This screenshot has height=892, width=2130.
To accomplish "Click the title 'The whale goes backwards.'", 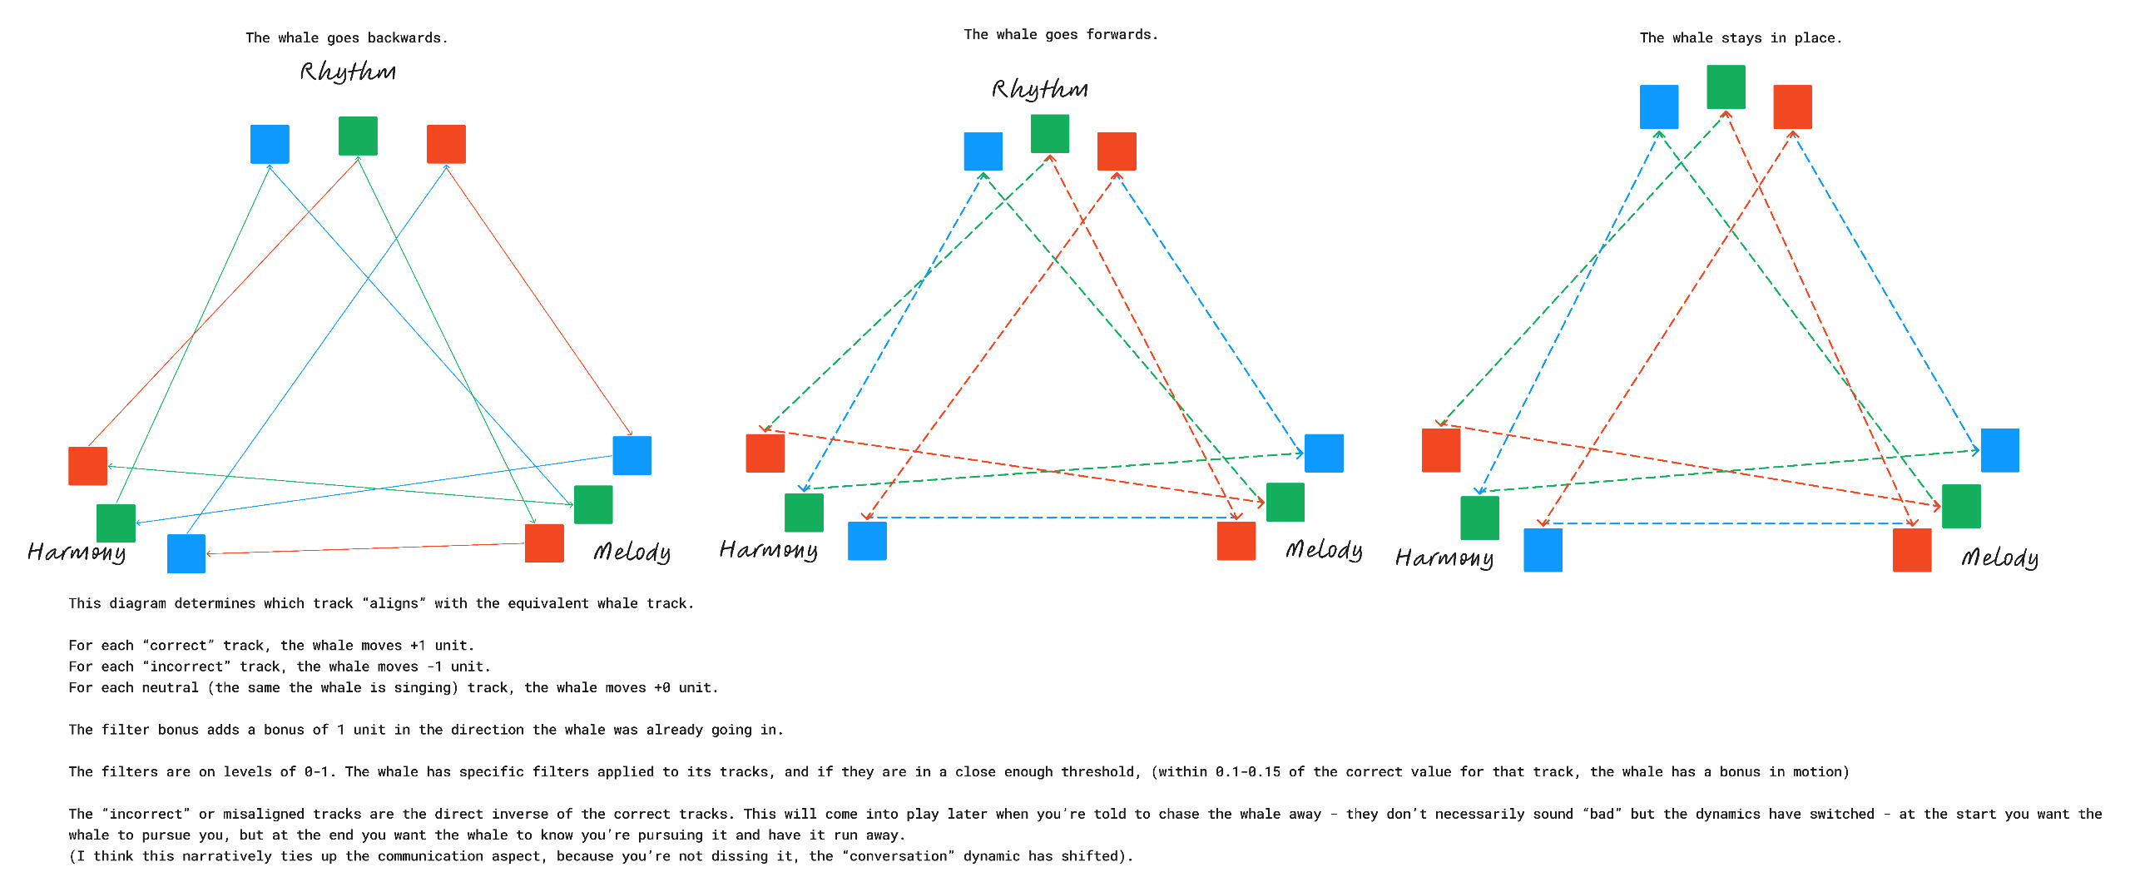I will click(346, 38).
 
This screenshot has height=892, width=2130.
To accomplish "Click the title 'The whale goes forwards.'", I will click(1061, 35).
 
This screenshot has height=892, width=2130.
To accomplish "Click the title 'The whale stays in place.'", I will click(1741, 38).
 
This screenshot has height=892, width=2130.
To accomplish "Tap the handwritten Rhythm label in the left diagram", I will click(348, 72).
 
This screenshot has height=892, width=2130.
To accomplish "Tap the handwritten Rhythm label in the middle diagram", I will click(1040, 89).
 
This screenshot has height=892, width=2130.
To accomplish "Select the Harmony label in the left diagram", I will click(77, 553).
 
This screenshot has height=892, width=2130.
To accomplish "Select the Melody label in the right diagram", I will click(1999, 557).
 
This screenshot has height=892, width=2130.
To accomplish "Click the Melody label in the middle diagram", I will click(1324, 550).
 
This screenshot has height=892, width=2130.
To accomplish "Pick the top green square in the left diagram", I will click(358, 136).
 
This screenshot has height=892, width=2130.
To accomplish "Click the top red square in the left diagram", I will click(446, 144).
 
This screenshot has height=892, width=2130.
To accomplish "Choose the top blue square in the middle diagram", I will click(983, 151).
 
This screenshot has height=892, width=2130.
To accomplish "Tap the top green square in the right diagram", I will click(1726, 87).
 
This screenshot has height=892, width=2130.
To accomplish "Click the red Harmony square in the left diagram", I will click(87, 466).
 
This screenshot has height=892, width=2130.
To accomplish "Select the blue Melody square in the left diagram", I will click(632, 455).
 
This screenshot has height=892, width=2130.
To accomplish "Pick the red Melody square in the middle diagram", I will click(1236, 541).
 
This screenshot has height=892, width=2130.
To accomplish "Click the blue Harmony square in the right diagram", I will click(1543, 550).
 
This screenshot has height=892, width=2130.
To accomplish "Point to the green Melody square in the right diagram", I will click(1961, 506).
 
